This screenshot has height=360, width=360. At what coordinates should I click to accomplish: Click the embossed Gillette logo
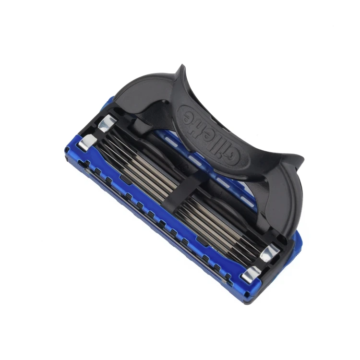[214, 135]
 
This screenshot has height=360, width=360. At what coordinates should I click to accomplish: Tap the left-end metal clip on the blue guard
[87, 143]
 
